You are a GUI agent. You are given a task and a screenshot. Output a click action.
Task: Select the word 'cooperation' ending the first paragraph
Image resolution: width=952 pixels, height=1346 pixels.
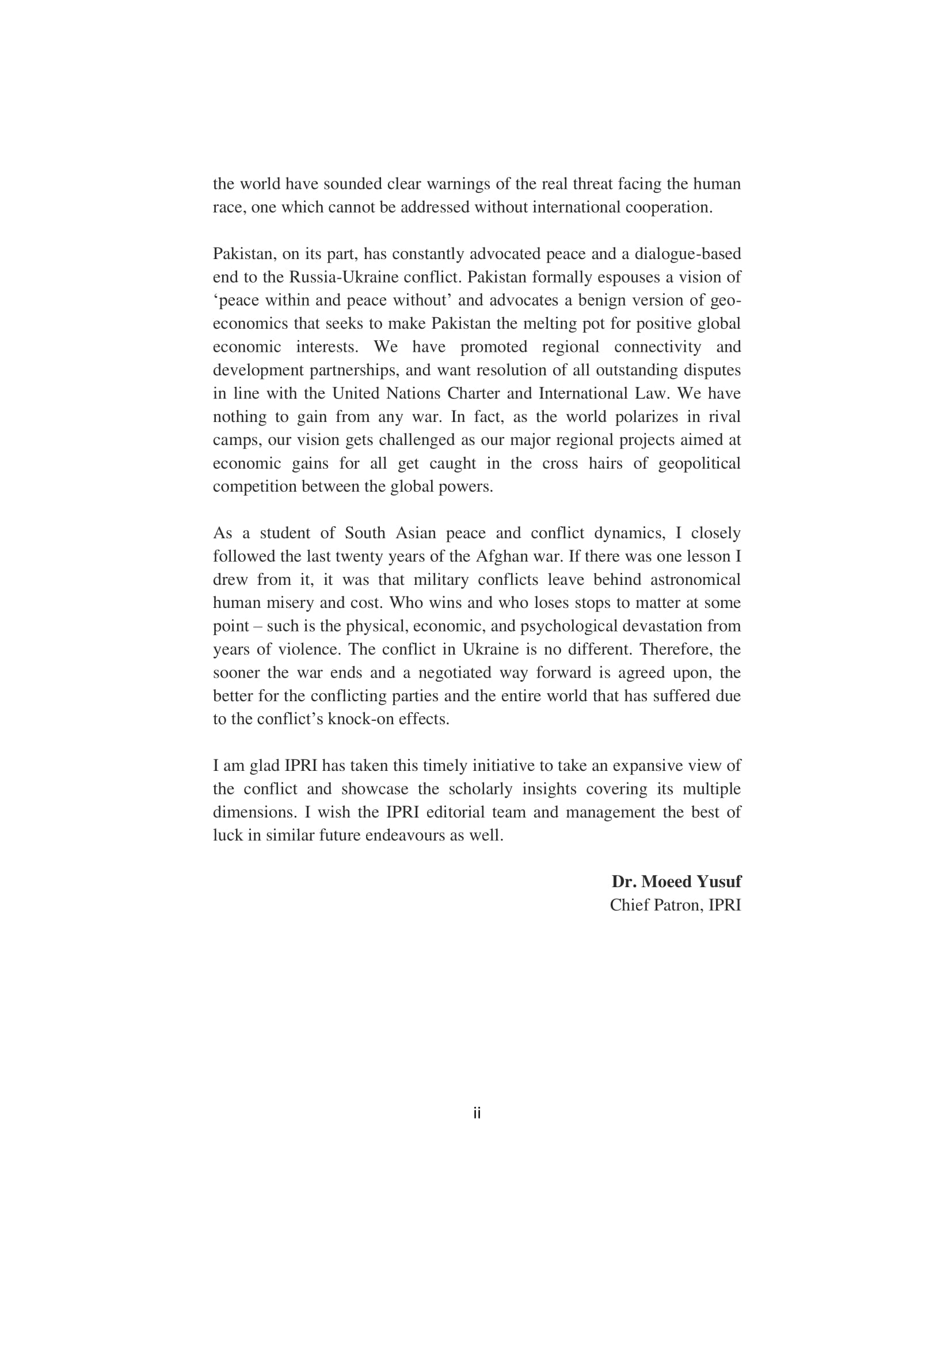point(668,207)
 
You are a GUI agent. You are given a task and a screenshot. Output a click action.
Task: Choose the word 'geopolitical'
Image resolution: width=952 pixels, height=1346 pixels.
point(699,463)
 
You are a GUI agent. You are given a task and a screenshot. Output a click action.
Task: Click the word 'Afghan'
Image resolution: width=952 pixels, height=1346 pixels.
point(499,556)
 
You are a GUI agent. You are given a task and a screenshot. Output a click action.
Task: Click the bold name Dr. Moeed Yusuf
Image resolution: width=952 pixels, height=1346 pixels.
point(676,882)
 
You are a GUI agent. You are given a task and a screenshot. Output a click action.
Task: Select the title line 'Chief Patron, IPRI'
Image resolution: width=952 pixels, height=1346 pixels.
point(675,905)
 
